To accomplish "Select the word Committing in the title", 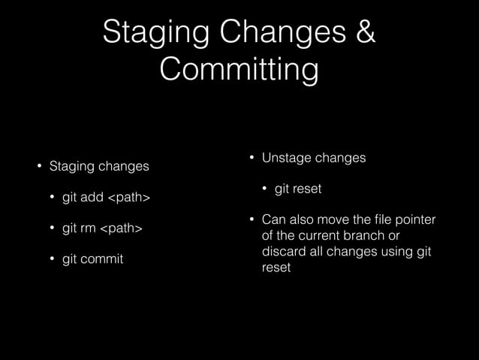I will point(239,70).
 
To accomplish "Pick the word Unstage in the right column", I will point(286,158).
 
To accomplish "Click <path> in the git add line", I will point(129,198).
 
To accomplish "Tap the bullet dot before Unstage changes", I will point(252,158).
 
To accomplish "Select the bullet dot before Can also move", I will point(252,219).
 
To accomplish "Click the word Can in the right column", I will point(273,219).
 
